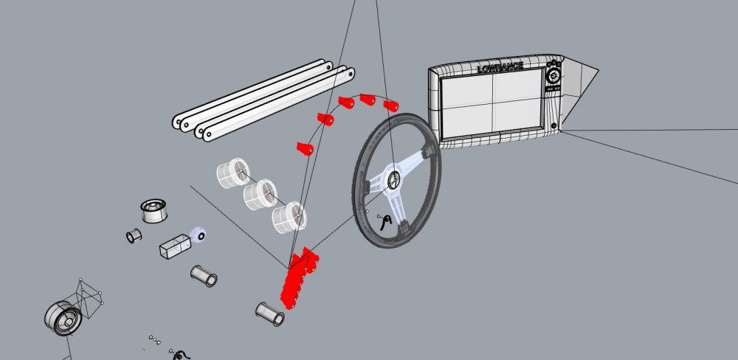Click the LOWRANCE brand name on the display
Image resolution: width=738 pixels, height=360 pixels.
(500, 68)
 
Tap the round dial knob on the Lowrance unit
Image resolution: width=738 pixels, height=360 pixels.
(553, 75)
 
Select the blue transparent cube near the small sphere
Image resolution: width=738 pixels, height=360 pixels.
(175, 246)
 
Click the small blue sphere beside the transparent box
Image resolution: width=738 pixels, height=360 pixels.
(198, 235)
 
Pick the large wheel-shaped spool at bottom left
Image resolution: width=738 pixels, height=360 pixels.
(63, 318)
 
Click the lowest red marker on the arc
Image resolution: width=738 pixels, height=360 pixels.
(305, 148)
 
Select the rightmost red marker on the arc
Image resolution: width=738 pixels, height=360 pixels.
(391, 105)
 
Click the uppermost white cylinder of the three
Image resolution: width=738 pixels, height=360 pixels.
(233, 173)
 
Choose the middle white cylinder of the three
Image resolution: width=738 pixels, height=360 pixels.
(261, 194)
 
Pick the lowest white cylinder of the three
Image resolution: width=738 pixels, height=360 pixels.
(289, 217)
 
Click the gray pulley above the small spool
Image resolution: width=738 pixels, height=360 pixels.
(154, 211)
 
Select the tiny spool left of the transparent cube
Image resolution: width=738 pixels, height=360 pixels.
(134, 235)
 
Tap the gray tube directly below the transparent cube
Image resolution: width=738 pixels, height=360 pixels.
(204, 276)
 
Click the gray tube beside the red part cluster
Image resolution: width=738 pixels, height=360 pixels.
(269, 314)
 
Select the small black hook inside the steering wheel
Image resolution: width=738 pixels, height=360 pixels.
(386, 221)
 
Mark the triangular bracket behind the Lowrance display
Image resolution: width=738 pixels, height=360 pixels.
(578, 89)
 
